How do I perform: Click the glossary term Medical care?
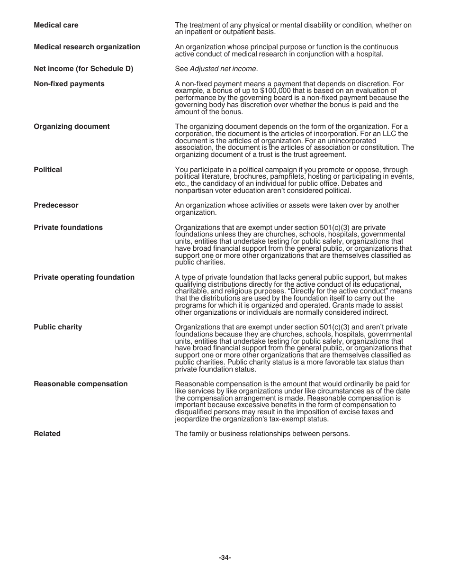[x=56, y=25]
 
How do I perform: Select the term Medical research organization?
[x=87, y=47]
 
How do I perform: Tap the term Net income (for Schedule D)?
[x=83, y=69]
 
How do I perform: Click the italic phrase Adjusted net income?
[x=223, y=69]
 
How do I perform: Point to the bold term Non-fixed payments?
[x=69, y=84]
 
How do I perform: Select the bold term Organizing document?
[x=72, y=127]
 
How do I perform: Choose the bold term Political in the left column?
[x=48, y=170]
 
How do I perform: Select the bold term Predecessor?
[x=56, y=205]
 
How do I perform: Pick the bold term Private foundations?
[x=68, y=228]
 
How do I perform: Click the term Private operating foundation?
[x=84, y=277]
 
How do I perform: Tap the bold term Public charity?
[x=58, y=327]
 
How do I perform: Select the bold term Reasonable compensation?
[x=81, y=384]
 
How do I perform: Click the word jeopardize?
[x=193, y=419]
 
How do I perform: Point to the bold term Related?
[x=47, y=434]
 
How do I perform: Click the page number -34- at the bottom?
[x=225, y=558]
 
